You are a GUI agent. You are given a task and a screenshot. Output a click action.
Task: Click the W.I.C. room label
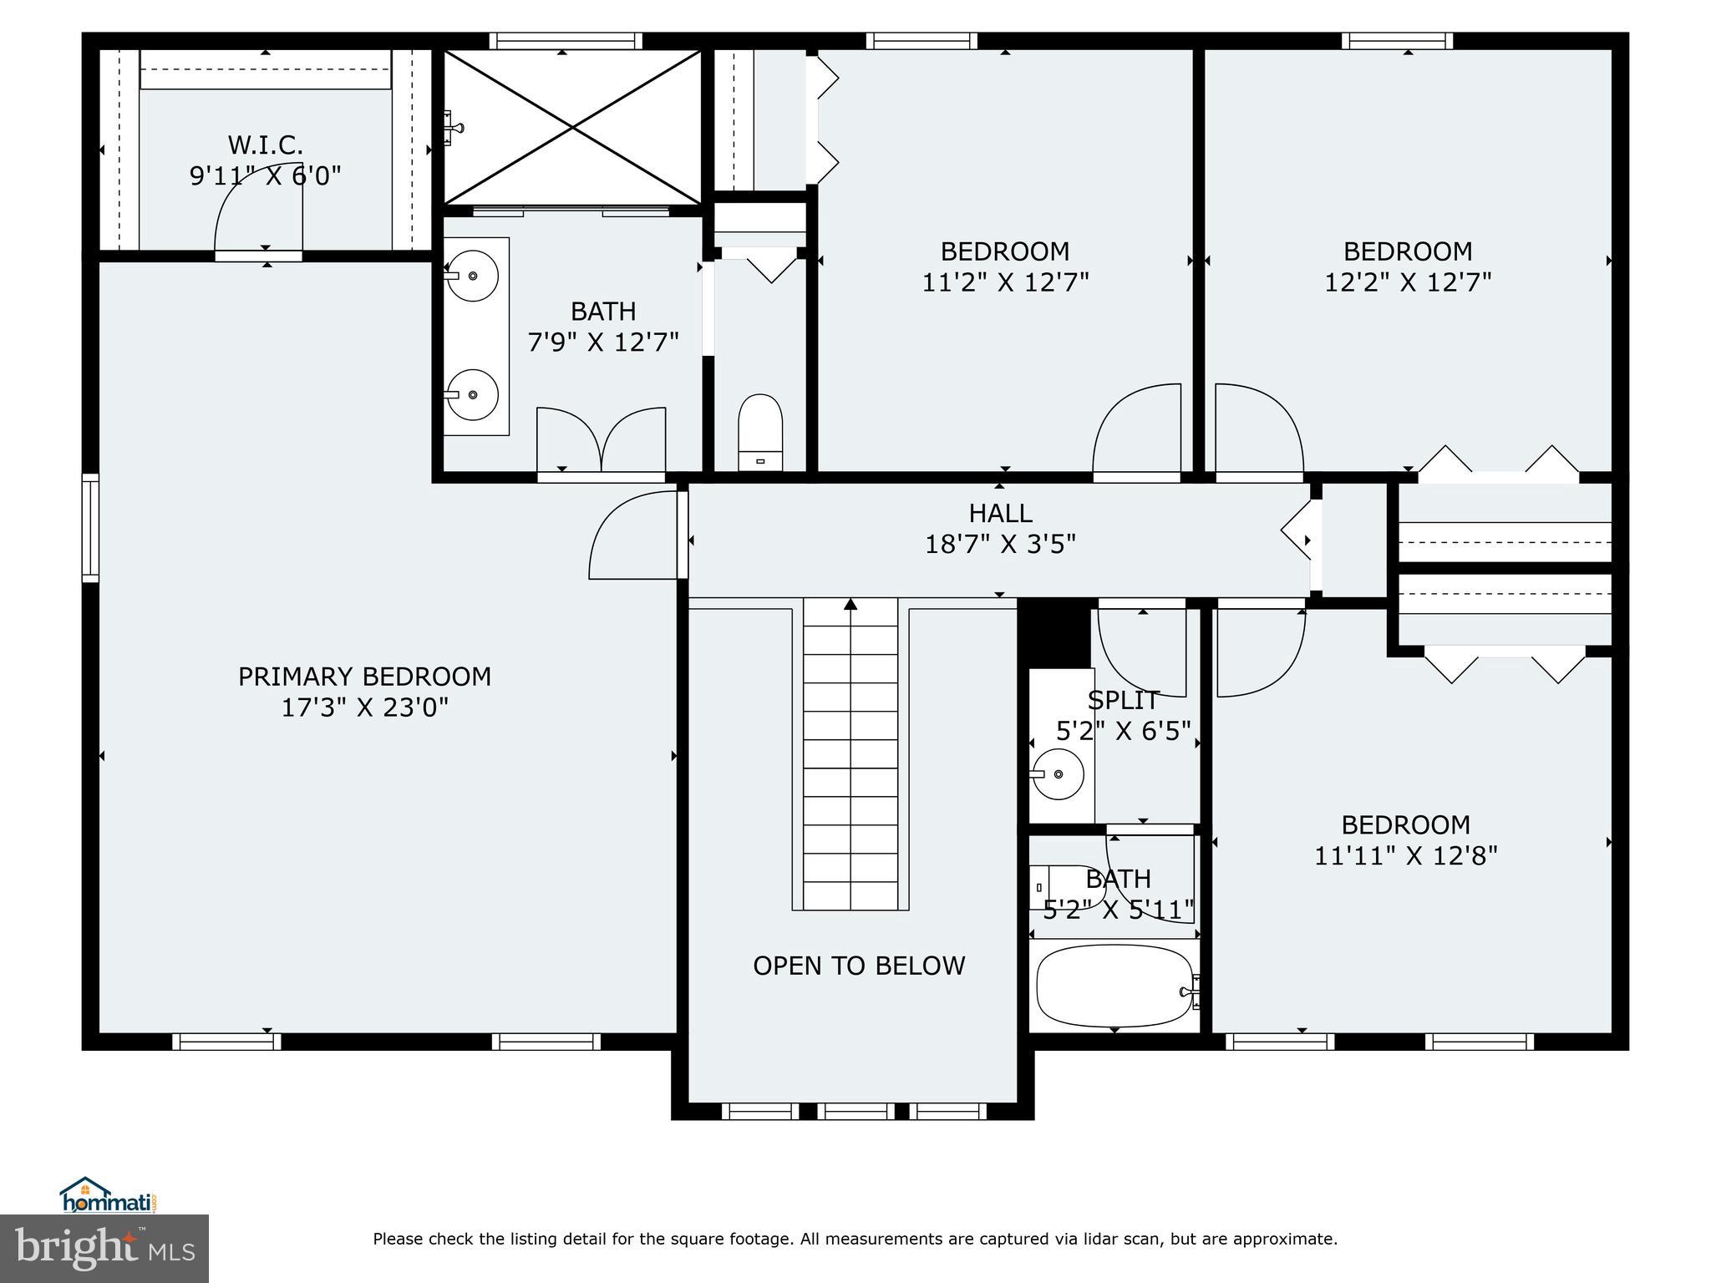[265, 145]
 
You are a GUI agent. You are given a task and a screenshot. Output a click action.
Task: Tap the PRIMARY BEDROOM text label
[364, 677]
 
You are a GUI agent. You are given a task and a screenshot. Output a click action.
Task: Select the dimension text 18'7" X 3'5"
[1000, 545]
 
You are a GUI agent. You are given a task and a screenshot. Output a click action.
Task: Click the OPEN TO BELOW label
[859, 966]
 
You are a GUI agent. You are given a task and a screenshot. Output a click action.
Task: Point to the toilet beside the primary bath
[760, 433]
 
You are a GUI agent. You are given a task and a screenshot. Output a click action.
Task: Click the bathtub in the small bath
[1114, 986]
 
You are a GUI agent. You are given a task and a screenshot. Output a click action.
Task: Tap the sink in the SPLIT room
[1059, 774]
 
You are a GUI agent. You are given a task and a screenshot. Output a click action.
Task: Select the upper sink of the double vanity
[473, 275]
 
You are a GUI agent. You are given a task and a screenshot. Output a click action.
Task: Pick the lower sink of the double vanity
[473, 394]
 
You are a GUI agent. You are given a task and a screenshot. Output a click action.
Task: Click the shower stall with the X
[572, 127]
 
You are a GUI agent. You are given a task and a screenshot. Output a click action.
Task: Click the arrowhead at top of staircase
[850, 604]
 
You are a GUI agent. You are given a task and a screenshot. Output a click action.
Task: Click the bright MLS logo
[104, 1248]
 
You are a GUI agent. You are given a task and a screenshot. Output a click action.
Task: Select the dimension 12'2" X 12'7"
[1408, 282]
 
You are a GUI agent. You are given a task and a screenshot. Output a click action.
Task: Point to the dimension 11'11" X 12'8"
[1406, 856]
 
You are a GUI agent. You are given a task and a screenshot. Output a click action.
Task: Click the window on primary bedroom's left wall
[90, 527]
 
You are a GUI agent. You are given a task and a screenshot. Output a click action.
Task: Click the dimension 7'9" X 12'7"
[603, 342]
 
